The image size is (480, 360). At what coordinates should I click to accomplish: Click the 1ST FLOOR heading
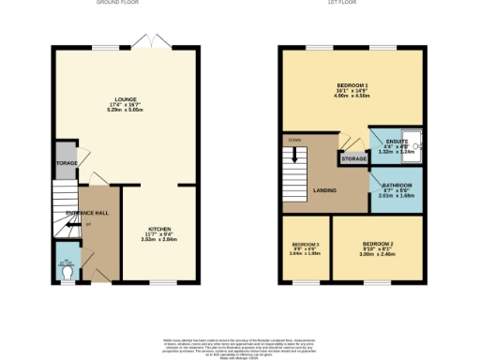[351, 4]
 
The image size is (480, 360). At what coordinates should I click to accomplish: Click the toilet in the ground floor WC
[67, 273]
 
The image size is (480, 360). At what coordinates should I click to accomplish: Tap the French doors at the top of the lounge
[145, 43]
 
